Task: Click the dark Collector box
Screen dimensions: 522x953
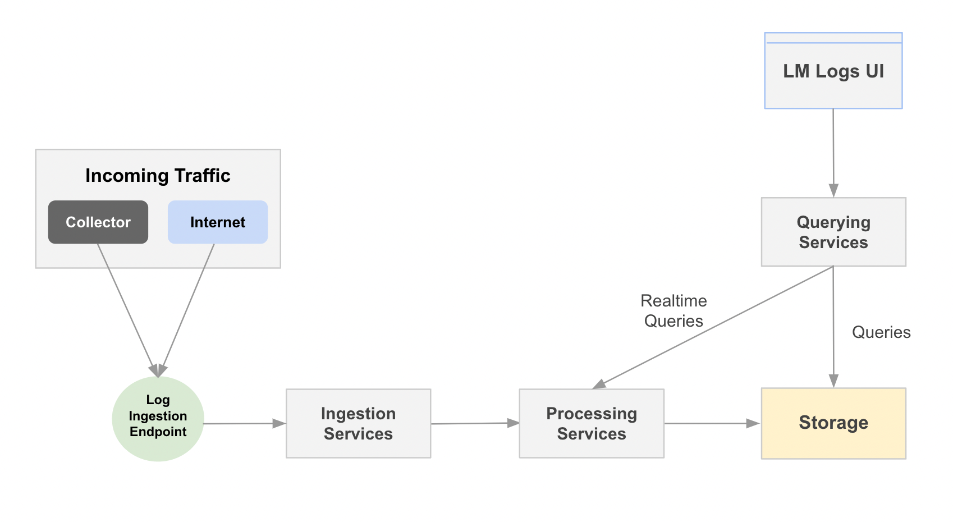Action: (98, 222)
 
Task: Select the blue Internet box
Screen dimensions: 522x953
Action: (218, 222)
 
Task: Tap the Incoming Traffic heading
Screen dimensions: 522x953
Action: (158, 176)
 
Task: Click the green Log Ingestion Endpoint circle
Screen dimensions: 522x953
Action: (158, 418)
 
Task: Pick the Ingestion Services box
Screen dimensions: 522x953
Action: (358, 424)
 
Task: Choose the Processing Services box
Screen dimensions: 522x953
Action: (592, 424)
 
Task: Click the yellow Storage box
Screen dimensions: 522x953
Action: (833, 423)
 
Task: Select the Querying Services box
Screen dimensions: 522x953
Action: (833, 232)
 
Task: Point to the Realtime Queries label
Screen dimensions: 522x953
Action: (673, 311)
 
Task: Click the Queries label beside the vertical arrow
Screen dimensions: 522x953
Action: (881, 332)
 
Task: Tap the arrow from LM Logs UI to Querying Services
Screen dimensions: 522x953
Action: (833, 152)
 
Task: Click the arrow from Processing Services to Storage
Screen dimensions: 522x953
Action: (712, 424)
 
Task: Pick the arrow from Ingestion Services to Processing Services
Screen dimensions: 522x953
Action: (474, 423)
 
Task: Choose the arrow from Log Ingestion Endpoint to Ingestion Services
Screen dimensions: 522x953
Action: (244, 424)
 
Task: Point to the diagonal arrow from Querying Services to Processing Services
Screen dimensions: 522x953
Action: (713, 327)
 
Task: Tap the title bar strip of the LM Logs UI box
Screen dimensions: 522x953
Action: (833, 38)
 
